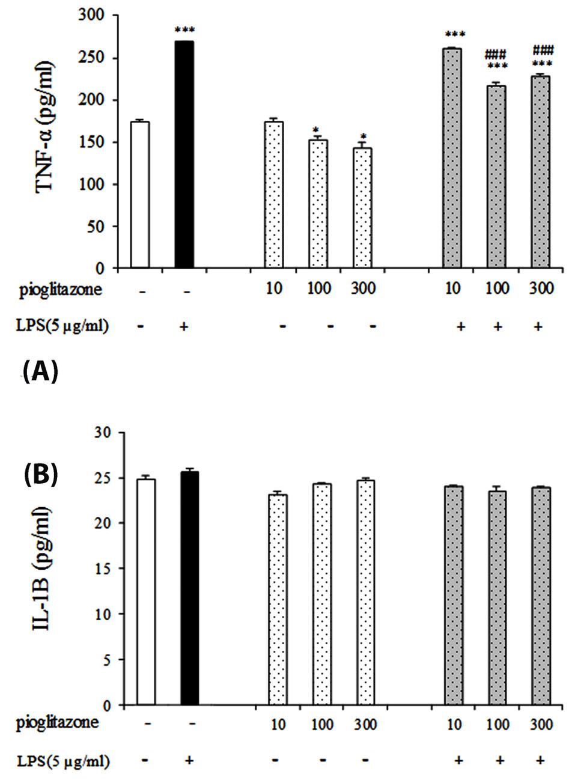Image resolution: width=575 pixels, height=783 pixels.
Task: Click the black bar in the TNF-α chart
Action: point(184,154)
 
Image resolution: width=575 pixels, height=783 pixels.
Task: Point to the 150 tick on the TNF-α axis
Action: point(91,142)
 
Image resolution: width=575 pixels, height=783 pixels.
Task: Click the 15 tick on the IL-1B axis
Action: point(105,568)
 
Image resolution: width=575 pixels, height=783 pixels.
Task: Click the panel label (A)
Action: point(40,373)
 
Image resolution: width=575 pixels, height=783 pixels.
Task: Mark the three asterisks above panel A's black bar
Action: point(184,30)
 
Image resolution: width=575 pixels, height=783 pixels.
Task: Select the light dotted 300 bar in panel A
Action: point(362,208)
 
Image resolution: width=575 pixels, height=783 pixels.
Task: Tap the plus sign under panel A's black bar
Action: point(184,326)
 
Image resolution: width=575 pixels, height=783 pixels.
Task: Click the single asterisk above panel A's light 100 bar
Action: point(316,130)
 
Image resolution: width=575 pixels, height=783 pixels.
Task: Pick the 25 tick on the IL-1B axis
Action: point(105,478)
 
